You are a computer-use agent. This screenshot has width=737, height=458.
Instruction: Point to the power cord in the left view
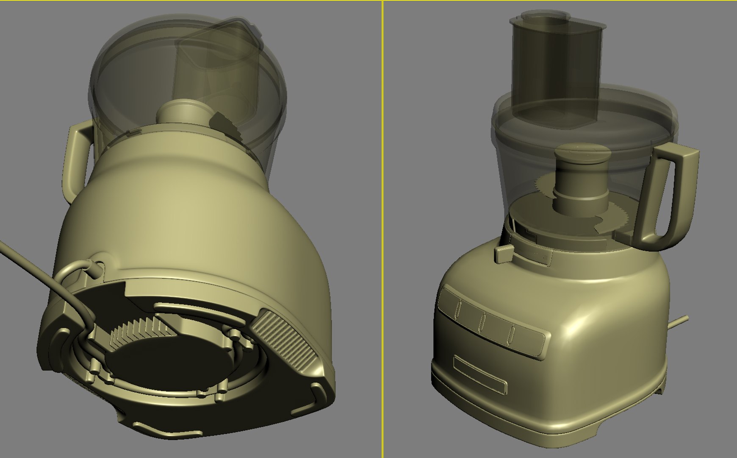tap(38, 276)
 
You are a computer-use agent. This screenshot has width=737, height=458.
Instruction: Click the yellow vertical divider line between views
tap(382, 229)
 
